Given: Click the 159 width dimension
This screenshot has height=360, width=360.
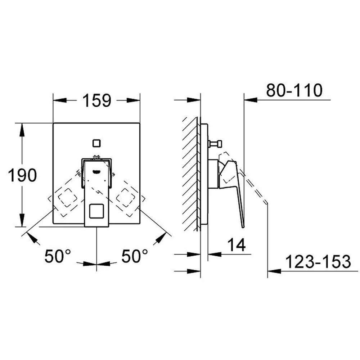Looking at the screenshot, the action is pos(96,100).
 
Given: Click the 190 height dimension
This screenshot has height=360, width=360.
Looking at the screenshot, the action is pos(22,175).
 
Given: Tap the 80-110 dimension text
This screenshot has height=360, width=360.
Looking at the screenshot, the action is pos(294,90).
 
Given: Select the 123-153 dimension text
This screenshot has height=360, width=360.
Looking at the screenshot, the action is pos(318,261).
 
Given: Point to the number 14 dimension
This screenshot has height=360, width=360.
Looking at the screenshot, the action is pos(236,245).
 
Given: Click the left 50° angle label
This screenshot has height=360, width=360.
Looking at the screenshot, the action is pos(58,256).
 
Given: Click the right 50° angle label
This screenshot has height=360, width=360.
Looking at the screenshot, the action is pos(134,256).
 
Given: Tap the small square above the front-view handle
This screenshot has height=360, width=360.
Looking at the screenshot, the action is pos(96,143).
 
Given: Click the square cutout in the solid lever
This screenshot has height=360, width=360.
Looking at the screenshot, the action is pos(96,211).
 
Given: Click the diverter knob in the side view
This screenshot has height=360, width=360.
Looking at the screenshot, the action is pos(215,144).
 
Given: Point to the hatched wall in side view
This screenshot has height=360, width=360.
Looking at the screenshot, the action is pos(190,174).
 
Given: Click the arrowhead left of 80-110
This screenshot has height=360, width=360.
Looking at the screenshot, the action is pos(251,100).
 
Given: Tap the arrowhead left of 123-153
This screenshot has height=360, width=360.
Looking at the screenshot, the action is pos(274,271).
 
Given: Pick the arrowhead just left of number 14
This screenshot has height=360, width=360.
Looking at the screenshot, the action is pos(215,254).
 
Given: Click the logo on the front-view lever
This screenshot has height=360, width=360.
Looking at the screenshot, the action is pos(96,171).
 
